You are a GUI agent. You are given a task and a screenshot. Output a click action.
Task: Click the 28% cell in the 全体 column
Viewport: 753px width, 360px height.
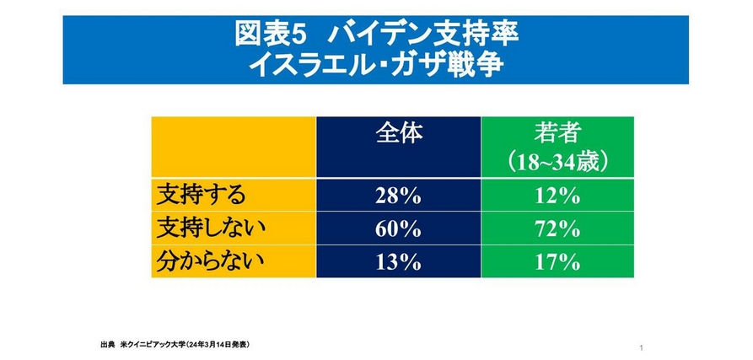(398, 196)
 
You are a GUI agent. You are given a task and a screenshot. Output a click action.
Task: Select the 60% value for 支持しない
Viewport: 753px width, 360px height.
(398, 228)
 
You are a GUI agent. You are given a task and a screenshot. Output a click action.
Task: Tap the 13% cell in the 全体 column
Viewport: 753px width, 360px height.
(398, 261)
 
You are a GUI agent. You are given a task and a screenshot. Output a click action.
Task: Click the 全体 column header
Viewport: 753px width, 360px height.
(398, 133)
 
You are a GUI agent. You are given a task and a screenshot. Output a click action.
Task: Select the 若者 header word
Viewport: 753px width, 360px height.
(557, 133)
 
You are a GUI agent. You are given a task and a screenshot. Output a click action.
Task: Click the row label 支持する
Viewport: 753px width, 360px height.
(202, 196)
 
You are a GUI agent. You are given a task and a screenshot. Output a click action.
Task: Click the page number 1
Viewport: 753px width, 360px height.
(643, 348)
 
